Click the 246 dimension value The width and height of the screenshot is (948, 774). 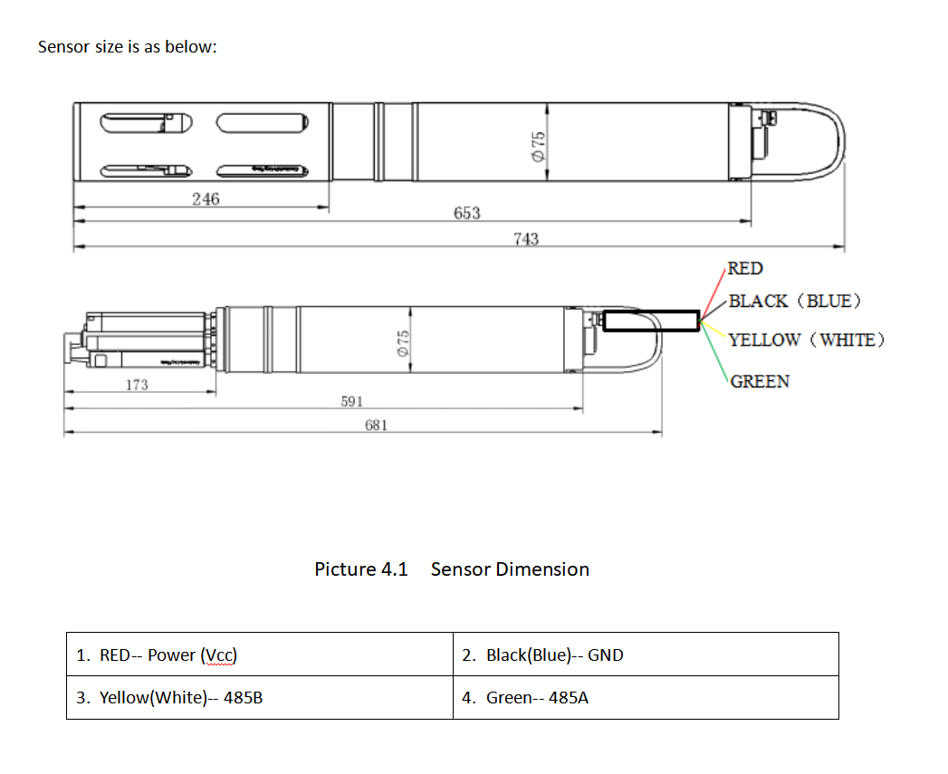pos(206,199)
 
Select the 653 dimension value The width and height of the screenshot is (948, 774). pos(466,214)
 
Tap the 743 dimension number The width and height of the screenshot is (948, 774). pos(525,239)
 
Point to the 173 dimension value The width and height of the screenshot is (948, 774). pos(136,385)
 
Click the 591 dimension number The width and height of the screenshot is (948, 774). pos(352,401)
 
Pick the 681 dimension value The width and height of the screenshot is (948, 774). pos(377,425)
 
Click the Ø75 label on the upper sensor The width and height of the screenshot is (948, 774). pos(539,145)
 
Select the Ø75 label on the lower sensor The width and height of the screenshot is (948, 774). pos(404,342)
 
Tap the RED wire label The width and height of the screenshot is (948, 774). pos(745,268)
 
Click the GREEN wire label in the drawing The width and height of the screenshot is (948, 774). pos(760,381)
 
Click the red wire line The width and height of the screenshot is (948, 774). pos(713,292)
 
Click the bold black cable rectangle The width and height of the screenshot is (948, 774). pos(651,321)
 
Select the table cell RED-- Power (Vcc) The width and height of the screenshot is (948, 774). pos(259,655)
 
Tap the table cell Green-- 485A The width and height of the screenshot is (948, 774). pos(646,698)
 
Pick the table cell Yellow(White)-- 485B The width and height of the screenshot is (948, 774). pos(259,698)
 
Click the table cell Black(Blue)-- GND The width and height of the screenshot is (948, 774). pos(646,655)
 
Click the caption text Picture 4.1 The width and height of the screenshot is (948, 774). pos(361,569)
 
